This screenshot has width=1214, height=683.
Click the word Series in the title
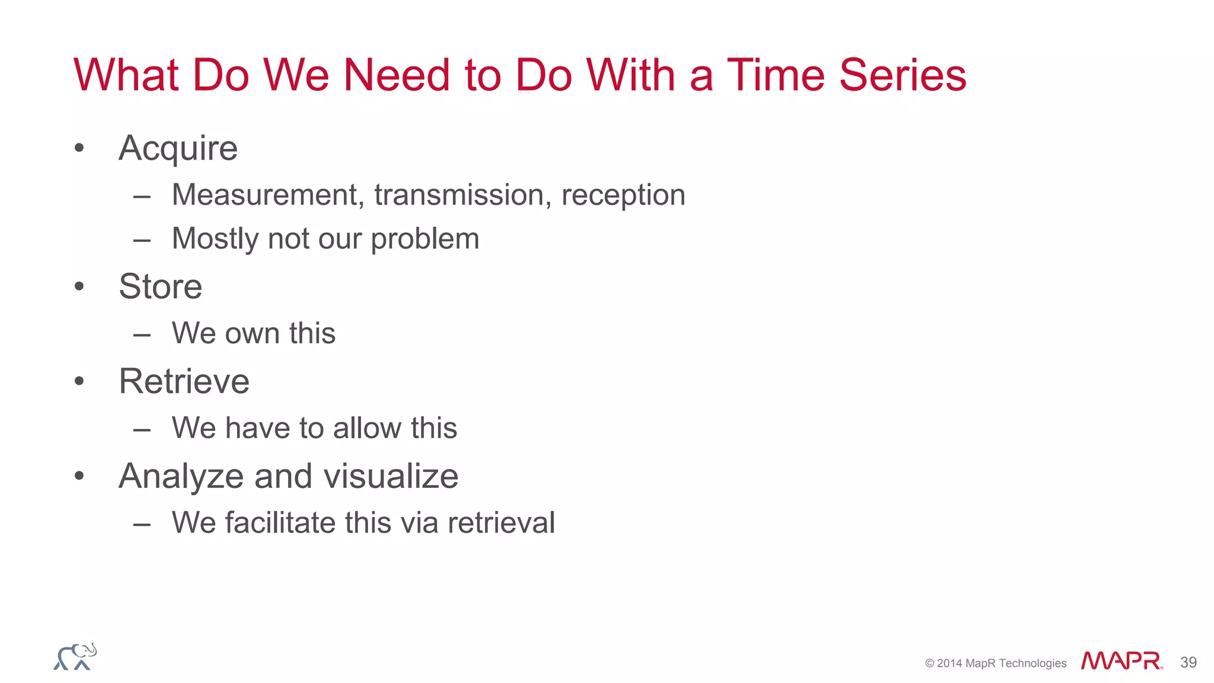point(902,75)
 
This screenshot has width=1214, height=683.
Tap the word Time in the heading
point(775,75)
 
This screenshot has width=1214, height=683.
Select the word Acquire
point(178,148)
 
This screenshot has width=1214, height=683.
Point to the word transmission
point(459,195)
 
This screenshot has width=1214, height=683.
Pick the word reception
point(623,195)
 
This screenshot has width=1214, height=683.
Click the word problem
point(424,240)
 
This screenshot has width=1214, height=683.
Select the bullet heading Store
point(160,286)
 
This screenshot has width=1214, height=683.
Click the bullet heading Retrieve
point(184,381)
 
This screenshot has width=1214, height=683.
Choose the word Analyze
point(181,477)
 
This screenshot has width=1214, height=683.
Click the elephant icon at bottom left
point(75,657)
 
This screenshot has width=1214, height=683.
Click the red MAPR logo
point(1121,661)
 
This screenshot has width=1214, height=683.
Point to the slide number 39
point(1188,662)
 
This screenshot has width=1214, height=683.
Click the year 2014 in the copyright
point(949,663)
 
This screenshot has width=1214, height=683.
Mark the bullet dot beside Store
point(79,287)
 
